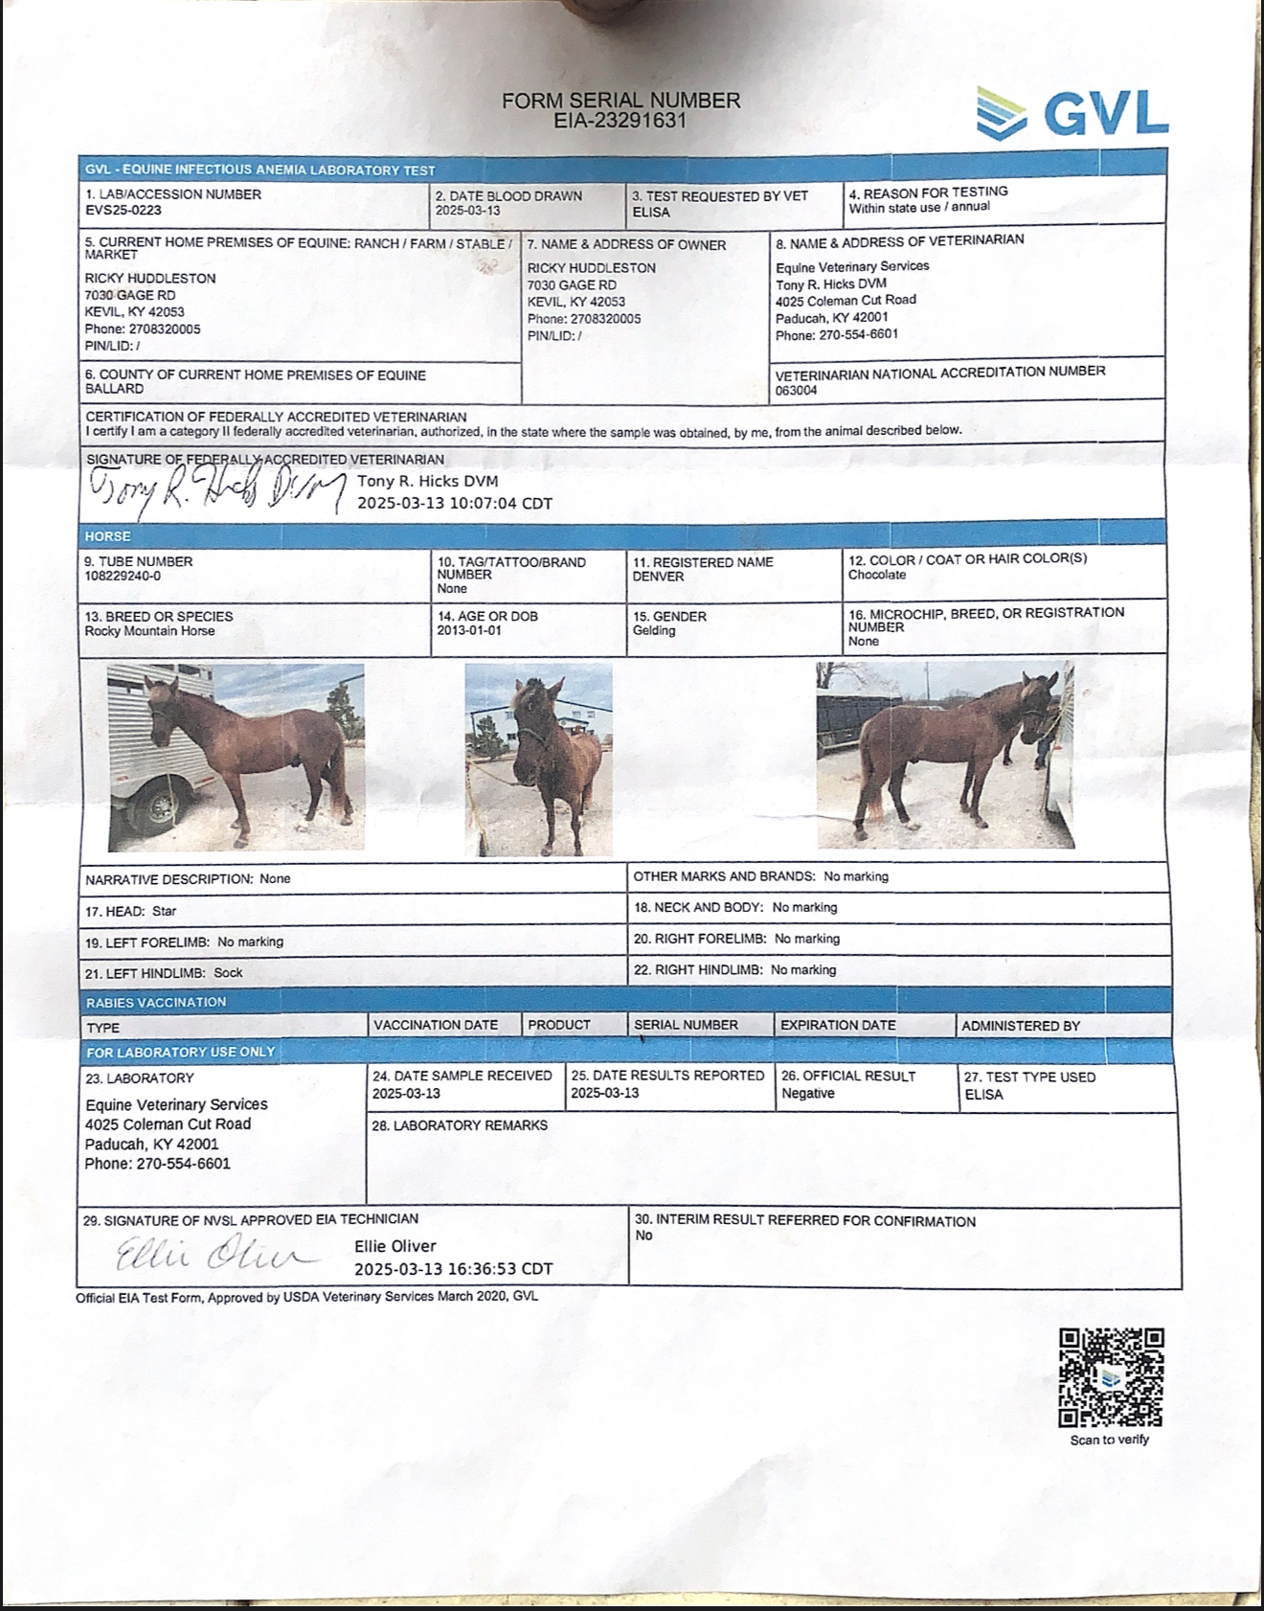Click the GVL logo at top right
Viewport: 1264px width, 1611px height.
pyautogui.click(x=1072, y=113)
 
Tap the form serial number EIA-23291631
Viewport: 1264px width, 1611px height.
pyautogui.click(x=621, y=121)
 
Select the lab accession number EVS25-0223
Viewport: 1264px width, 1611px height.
pyautogui.click(x=124, y=210)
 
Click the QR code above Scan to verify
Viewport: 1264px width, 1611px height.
pyautogui.click(x=1111, y=1377)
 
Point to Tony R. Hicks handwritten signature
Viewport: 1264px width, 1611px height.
pyautogui.click(x=216, y=490)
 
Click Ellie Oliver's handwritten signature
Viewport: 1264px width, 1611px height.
pyautogui.click(x=213, y=1253)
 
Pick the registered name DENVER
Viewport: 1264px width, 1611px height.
pyautogui.click(x=658, y=577)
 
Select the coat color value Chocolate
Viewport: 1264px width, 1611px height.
pyautogui.click(x=876, y=575)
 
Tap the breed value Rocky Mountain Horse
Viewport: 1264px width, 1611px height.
pyautogui.click(x=149, y=631)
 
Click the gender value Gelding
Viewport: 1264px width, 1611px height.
pyautogui.click(x=654, y=630)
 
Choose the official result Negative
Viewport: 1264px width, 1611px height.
pyautogui.click(x=807, y=1093)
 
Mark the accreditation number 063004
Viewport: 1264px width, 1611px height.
pyautogui.click(x=796, y=390)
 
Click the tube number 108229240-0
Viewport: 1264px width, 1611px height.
pyautogui.click(x=123, y=577)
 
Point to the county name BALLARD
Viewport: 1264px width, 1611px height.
pyautogui.click(x=114, y=389)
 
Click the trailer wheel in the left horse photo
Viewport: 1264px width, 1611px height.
pyautogui.click(x=153, y=805)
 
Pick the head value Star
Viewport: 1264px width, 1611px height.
pyautogui.click(x=164, y=911)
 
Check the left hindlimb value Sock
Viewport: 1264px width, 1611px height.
pyautogui.click(x=228, y=972)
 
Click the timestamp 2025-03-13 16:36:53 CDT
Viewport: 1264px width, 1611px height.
pyautogui.click(x=453, y=1269)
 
